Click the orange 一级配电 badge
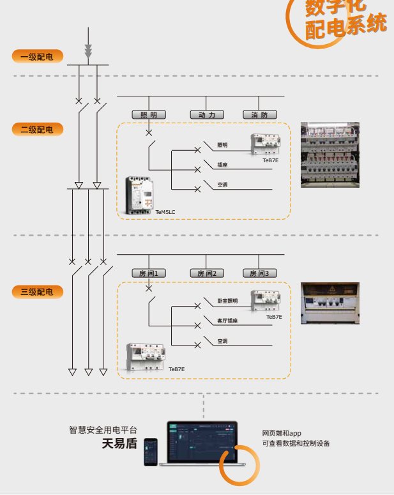[37, 57]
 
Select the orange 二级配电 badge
[37, 130]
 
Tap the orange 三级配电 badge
[37, 292]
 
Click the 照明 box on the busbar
[149, 115]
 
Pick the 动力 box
[207, 115]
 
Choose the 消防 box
[259, 115]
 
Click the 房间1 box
[149, 273]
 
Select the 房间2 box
[207, 273]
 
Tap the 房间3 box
[259, 273]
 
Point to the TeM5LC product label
[165, 211]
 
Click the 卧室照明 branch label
[227, 301]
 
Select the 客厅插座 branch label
[227, 321]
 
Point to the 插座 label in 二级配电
[222, 165]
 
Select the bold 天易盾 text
[119, 444]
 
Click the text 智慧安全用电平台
[103, 430]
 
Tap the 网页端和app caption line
[282, 434]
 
